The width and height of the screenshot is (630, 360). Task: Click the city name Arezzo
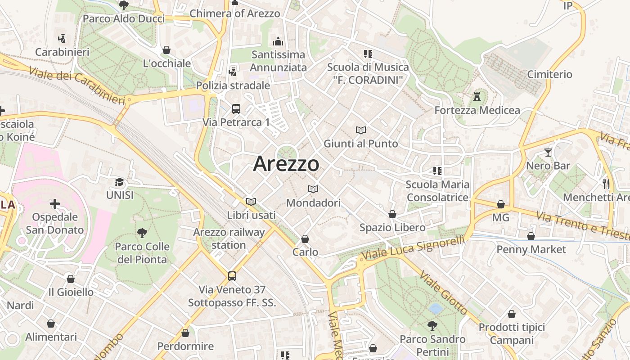[286, 163]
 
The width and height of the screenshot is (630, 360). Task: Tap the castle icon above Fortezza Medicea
[477, 96]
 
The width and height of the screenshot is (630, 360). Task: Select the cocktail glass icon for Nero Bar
[548, 153]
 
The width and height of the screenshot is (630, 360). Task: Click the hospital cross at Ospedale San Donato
[54, 204]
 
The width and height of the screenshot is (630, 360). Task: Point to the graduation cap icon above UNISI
[119, 182]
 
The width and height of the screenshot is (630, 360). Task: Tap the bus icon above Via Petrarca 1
[236, 108]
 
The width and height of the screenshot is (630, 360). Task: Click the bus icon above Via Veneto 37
[232, 276]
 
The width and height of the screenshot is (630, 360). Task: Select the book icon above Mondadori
[313, 189]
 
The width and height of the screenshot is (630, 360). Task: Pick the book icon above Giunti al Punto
[360, 130]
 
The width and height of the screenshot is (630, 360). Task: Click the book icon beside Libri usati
[251, 202]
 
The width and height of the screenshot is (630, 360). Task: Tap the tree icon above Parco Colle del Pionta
[142, 233]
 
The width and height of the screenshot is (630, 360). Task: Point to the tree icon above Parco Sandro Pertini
[432, 325]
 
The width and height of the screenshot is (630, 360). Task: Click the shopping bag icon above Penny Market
[531, 236]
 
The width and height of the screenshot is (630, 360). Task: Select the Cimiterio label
[549, 74]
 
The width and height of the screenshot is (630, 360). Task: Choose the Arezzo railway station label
[229, 238]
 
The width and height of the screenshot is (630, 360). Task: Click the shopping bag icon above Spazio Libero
[392, 214]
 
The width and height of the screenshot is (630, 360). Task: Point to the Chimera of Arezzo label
[234, 13]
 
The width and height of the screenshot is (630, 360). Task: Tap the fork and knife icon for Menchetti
[606, 183]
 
